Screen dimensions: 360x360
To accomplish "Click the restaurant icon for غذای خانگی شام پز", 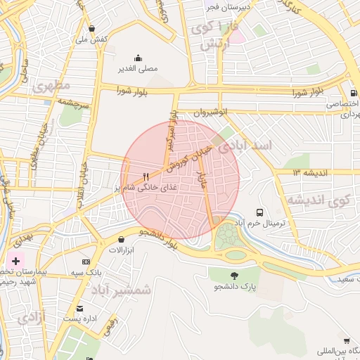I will [146, 177].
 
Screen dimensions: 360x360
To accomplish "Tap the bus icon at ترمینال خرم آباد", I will [260, 212].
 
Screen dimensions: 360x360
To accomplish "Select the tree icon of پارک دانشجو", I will [234, 275].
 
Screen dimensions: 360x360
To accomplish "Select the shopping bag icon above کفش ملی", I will [93, 29].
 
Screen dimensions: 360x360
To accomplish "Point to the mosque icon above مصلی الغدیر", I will [137, 58].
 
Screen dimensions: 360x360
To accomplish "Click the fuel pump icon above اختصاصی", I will [352, 92].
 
